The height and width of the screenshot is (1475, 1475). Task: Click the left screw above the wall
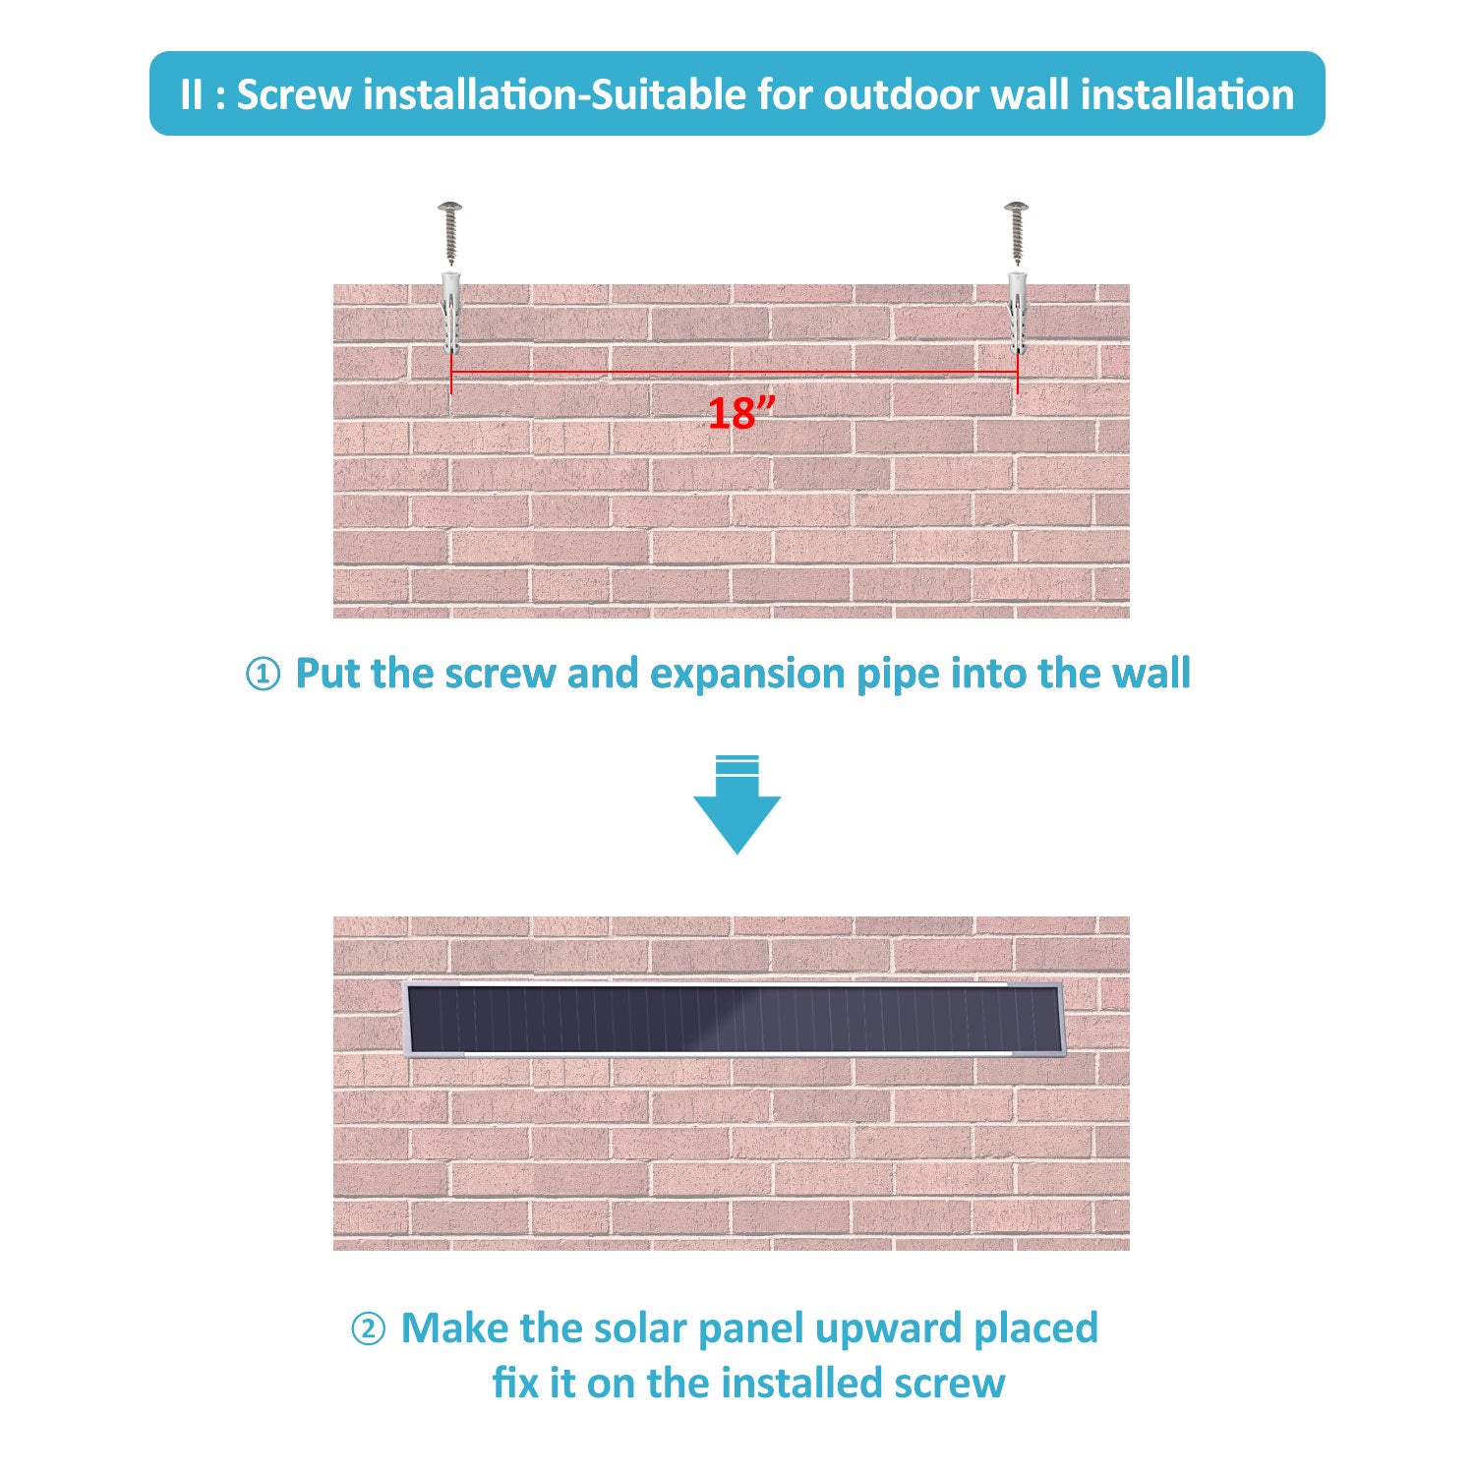[450, 232]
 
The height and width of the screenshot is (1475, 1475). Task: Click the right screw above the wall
[1016, 232]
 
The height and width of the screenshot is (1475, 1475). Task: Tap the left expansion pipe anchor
[451, 314]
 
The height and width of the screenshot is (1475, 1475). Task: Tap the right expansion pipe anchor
[1017, 314]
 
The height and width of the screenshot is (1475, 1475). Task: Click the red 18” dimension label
[741, 413]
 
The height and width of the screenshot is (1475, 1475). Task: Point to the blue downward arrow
[737, 804]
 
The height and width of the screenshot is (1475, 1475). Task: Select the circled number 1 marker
[262, 676]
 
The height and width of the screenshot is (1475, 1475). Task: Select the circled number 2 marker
[368, 1330]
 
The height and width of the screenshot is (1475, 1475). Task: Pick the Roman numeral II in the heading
[192, 95]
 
